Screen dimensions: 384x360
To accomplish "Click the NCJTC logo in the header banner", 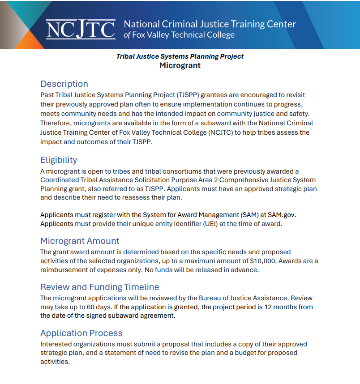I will click(x=81, y=29).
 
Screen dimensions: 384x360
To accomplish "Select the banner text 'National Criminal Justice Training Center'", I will click(x=210, y=24).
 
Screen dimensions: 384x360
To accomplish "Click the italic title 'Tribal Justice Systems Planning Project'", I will click(x=180, y=56).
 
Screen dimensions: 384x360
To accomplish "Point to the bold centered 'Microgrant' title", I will click(x=180, y=65).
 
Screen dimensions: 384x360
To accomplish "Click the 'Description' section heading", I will click(x=64, y=84).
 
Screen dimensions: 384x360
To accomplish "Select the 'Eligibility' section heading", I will click(x=59, y=160).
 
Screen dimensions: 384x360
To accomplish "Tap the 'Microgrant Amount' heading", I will click(x=80, y=241).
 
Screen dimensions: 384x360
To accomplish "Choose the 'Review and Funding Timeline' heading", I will click(x=99, y=287).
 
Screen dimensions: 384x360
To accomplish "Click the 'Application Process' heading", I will click(x=81, y=333).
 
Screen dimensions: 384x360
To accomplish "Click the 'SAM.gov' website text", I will click(x=282, y=214).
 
